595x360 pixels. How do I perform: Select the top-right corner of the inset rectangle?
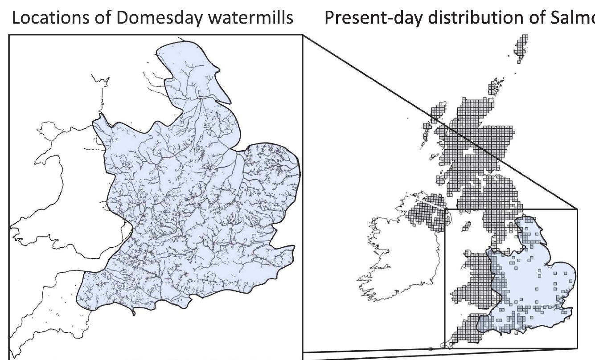point(577,209)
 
